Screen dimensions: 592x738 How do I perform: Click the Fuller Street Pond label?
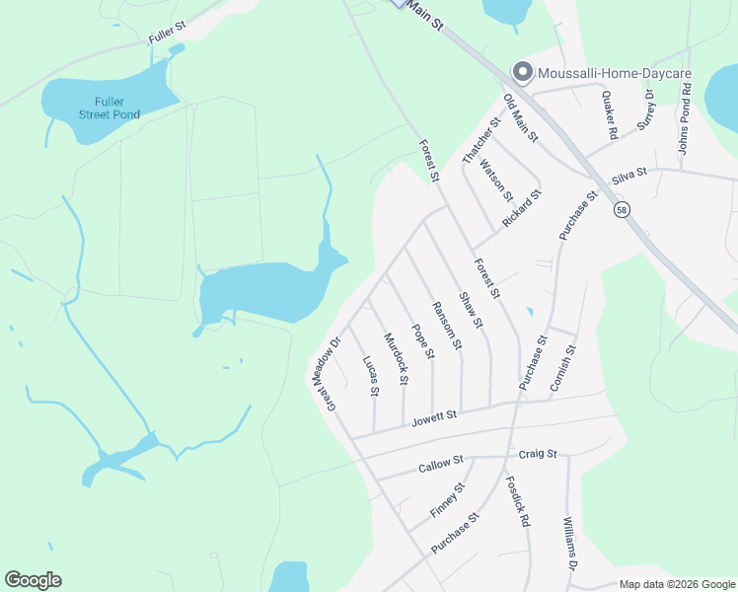(x=110, y=108)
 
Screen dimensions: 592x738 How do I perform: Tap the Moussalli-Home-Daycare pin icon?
(x=521, y=72)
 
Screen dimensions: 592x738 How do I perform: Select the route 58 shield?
(x=622, y=210)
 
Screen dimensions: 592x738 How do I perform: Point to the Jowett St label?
(x=434, y=420)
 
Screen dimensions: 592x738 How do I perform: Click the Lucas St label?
(x=371, y=377)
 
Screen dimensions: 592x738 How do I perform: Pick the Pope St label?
(x=422, y=341)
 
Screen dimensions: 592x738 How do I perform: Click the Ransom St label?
(x=448, y=325)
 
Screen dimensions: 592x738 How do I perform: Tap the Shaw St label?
(x=472, y=309)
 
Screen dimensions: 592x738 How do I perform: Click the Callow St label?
(x=440, y=464)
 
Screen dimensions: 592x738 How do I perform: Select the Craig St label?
(x=538, y=454)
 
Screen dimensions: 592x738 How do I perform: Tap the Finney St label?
(x=447, y=500)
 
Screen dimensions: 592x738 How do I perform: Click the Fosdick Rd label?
(x=518, y=501)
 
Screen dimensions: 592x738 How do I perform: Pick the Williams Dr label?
(x=569, y=544)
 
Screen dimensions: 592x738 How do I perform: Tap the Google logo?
(x=33, y=580)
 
